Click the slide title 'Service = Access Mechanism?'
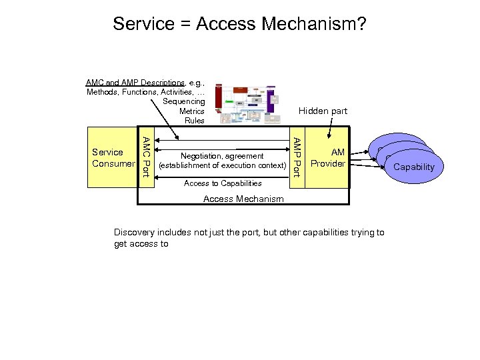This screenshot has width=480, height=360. coord(239,25)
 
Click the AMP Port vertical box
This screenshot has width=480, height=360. coord(297,157)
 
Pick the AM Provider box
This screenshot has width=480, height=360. coord(328,158)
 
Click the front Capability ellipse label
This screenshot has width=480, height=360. coord(414,167)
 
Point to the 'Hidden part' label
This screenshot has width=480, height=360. coord(323,111)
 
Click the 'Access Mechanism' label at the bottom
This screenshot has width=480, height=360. coord(243,199)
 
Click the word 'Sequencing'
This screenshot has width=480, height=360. coord(183,101)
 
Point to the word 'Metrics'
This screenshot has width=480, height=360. coord(191,111)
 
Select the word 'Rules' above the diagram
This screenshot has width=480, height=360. coord(194,121)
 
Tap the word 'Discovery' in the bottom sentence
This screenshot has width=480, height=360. coord(134,233)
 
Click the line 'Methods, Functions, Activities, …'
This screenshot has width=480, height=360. coord(145,92)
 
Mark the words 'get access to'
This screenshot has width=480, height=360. coord(141,244)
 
